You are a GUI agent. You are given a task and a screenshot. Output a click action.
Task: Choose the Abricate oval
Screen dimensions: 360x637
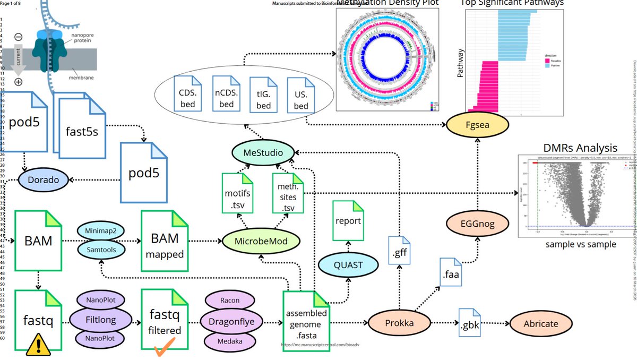pos(541,323)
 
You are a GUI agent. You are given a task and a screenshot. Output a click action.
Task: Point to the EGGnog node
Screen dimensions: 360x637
pos(477,224)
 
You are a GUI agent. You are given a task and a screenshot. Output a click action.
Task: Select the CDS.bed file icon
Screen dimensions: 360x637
pos(187,98)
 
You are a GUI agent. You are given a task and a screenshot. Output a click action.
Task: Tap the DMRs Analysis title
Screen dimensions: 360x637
pos(580,148)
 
